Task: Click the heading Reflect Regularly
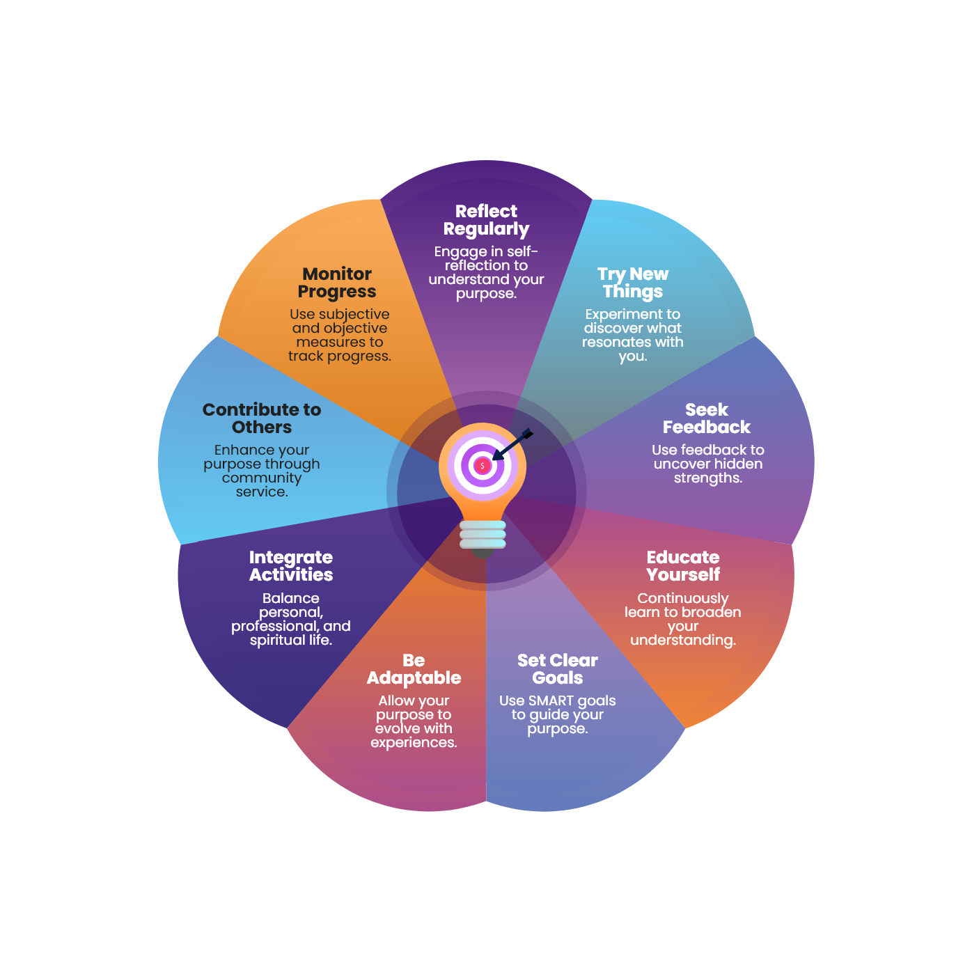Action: click(x=486, y=220)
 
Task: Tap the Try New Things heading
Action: click(x=633, y=283)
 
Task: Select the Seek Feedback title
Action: click(x=707, y=418)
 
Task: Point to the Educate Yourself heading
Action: click(x=683, y=566)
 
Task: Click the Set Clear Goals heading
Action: click(x=557, y=669)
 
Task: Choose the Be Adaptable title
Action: click(x=414, y=669)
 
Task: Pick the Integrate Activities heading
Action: click(x=291, y=566)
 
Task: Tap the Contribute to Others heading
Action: click(x=262, y=418)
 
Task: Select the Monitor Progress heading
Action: click(x=337, y=283)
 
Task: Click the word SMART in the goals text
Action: click(x=551, y=700)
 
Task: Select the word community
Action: click(x=262, y=478)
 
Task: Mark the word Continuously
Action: click(x=683, y=598)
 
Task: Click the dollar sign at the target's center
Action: click(x=482, y=465)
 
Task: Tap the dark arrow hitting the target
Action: click(x=512, y=444)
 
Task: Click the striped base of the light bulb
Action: click(x=483, y=534)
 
